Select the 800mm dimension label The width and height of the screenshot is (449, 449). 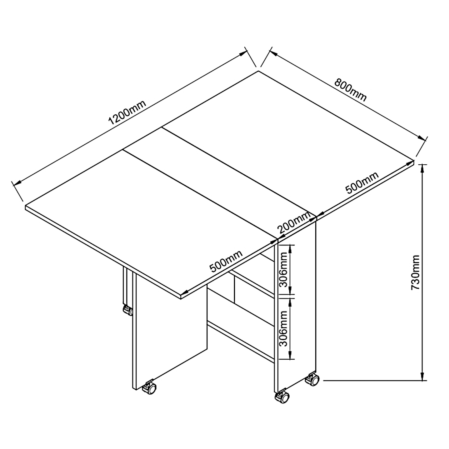350,90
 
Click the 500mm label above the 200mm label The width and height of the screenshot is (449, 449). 362,183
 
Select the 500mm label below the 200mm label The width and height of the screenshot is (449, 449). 226,261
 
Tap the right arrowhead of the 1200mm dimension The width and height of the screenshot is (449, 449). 242,54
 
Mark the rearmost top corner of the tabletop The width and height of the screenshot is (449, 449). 258,71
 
